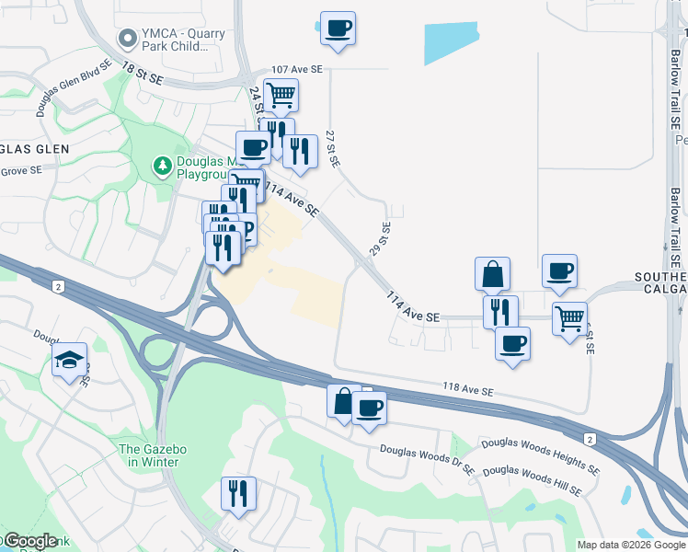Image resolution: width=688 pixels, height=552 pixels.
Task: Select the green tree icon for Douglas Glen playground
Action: click(x=162, y=166)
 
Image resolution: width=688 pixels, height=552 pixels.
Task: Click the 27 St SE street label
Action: click(x=333, y=148)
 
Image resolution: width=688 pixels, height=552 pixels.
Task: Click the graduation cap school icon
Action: click(x=69, y=360)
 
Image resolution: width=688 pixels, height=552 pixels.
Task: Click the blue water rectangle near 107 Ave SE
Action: click(x=452, y=42)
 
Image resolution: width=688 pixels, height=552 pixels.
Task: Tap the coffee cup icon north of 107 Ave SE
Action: click(x=338, y=29)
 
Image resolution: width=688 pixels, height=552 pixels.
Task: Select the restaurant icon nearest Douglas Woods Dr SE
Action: click(x=237, y=494)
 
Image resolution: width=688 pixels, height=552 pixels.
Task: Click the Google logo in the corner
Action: click(x=29, y=541)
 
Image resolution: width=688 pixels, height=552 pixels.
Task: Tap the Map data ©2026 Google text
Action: click(x=630, y=545)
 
